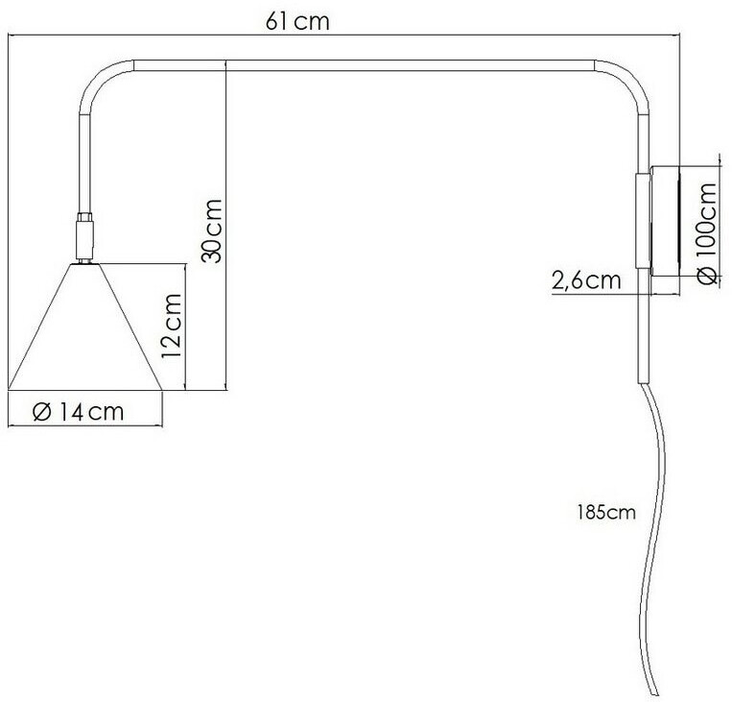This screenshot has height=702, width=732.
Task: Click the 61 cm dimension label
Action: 297,21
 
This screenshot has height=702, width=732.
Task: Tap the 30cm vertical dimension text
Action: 211,230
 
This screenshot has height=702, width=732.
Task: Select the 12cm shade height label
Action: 171,326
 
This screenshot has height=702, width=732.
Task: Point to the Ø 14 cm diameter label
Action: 78,412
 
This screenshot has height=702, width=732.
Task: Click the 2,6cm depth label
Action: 586,281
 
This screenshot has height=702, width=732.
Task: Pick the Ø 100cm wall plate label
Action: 706,232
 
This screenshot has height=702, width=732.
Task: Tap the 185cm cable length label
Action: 606,512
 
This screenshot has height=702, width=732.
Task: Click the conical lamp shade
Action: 85,327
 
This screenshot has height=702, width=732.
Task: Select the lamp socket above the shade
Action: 85,237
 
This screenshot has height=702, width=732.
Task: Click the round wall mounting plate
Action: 665,220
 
